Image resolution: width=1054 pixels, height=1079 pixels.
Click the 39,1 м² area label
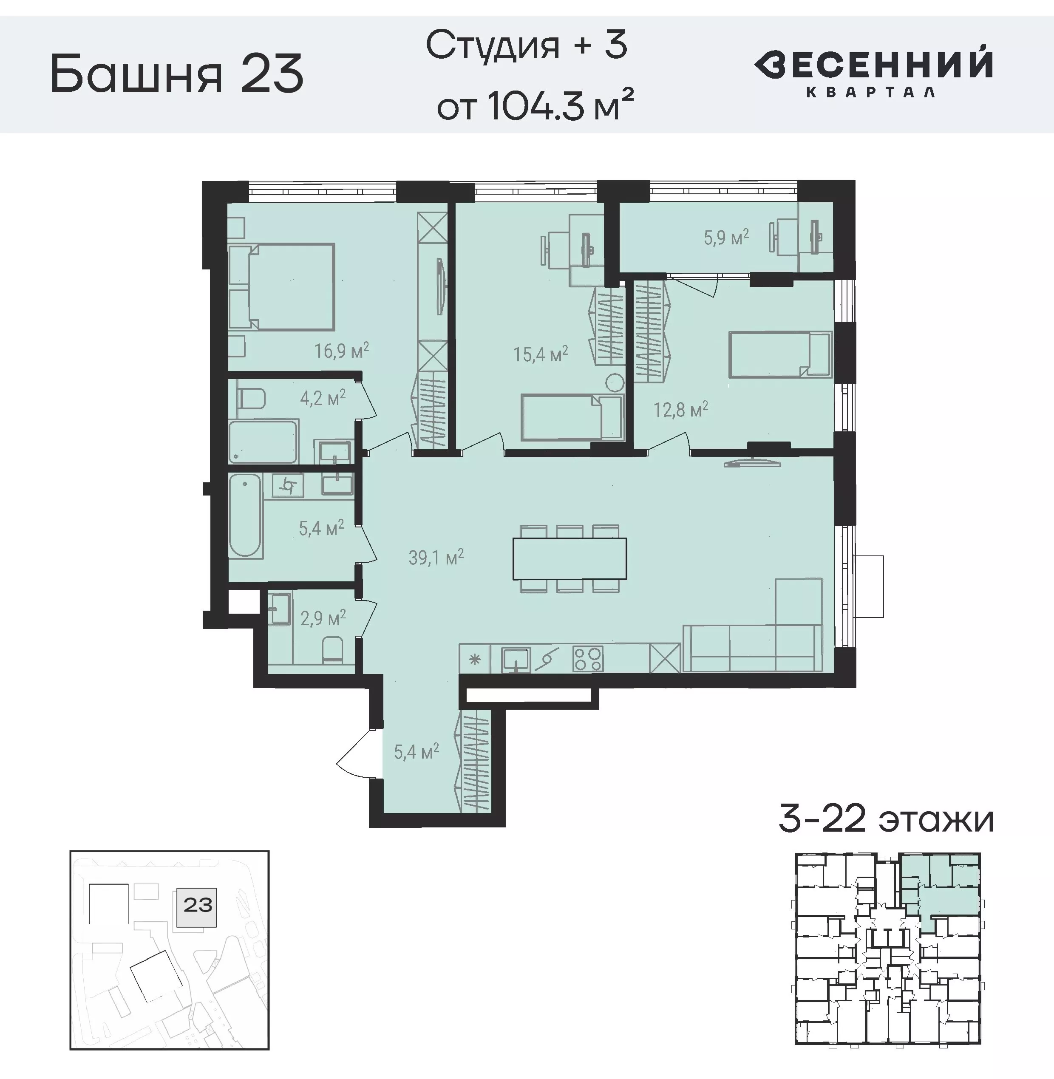tap(436, 558)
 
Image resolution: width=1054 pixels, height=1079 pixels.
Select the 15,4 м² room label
tap(540, 354)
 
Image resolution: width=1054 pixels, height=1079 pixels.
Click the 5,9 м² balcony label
tap(726, 238)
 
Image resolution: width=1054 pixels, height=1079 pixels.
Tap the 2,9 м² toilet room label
tap(323, 618)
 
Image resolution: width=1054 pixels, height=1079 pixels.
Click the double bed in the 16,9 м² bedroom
tap(292, 287)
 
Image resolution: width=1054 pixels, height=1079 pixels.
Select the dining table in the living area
tap(569, 558)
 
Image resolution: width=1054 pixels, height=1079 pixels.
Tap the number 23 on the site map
tap(198, 905)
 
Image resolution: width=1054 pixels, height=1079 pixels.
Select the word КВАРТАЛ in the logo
tap(870, 92)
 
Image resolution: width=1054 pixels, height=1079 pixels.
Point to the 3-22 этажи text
tap(886, 820)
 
